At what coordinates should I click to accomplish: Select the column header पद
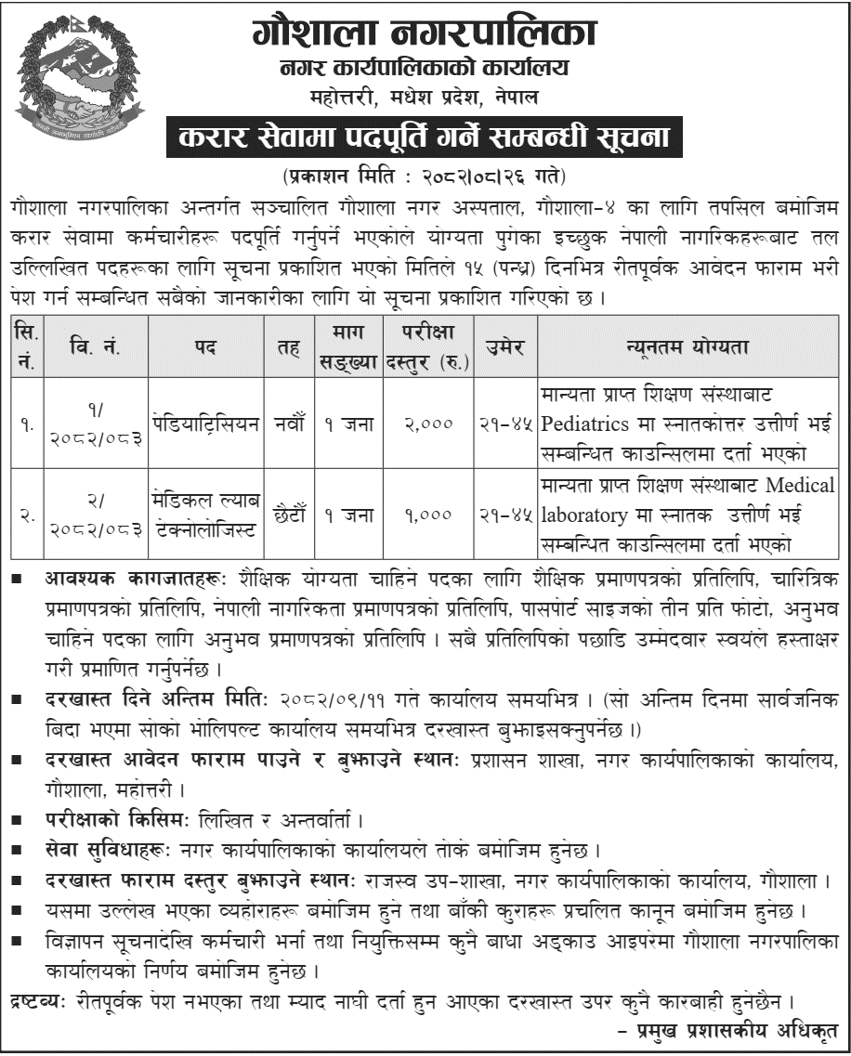click(205, 346)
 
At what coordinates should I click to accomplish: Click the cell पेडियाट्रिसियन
click(205, 424)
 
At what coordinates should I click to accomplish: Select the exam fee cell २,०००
click(428, 424)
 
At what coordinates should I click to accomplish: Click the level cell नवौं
click(281, 424)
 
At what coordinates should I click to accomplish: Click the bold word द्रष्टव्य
click(36, 1002)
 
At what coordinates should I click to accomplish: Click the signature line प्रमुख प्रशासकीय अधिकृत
click(734, 1030)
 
